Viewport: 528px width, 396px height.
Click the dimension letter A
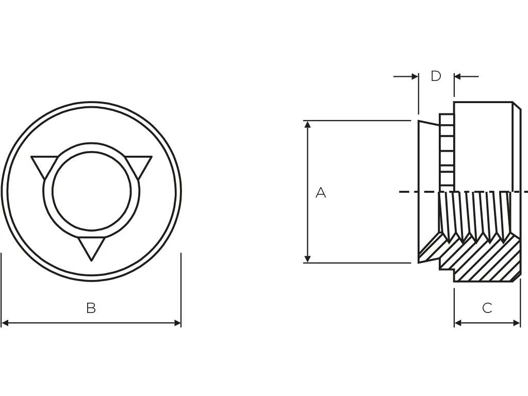321,193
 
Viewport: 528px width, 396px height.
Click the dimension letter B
91,308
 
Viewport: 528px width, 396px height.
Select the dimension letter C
487,308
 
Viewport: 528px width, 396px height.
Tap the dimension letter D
436,76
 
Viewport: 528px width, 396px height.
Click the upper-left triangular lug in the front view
43,164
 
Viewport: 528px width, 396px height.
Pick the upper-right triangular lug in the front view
139,164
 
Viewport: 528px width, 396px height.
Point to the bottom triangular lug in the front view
91,247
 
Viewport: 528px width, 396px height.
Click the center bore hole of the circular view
91,191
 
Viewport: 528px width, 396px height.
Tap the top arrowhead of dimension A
307,125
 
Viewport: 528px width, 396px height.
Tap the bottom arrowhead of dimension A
307,259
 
